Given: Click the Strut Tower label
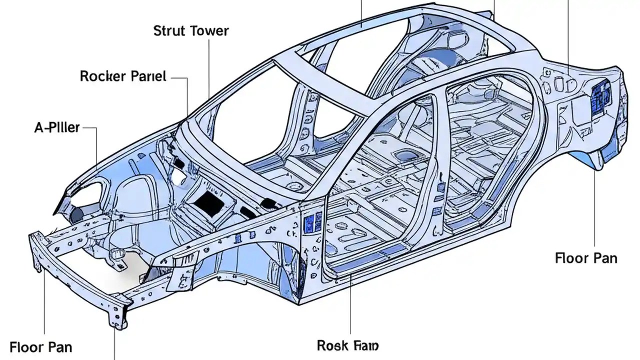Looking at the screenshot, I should coord(191,31).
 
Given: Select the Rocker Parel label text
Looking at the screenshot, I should coord(123,76).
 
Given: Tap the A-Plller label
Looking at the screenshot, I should coord(56,127).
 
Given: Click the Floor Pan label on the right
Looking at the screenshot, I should coord(586,258).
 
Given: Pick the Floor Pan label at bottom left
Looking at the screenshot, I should coord(40,346).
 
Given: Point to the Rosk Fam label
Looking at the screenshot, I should coord(347,345).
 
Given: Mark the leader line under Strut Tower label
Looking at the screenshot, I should coord(209,70).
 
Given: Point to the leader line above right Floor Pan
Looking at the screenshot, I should coord(595,210).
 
